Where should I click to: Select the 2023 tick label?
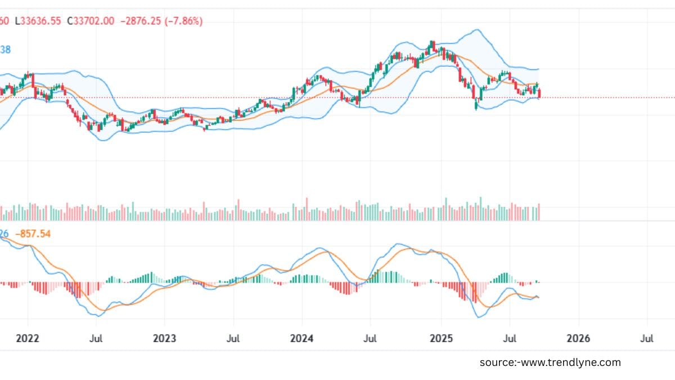click(164, 339)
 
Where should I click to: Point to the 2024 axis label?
click(301, 339)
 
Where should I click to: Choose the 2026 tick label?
click(578, 339)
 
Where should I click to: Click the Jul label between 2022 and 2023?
click(96, 339)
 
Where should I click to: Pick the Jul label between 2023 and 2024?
click(233, 339)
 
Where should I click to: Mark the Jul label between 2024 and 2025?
click(370, 339)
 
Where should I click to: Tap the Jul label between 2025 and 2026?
click(509, 339)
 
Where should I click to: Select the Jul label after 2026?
click(647, 339)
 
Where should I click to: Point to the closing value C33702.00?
click(91, 21)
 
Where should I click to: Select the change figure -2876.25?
click(141, 21)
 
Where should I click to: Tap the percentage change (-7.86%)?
click(183, 21)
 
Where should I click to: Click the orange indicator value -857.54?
click(33, 233)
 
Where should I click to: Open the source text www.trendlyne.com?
click(550, 363)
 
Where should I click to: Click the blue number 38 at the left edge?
click(5, 50)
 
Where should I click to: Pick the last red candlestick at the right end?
click(539, 93)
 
